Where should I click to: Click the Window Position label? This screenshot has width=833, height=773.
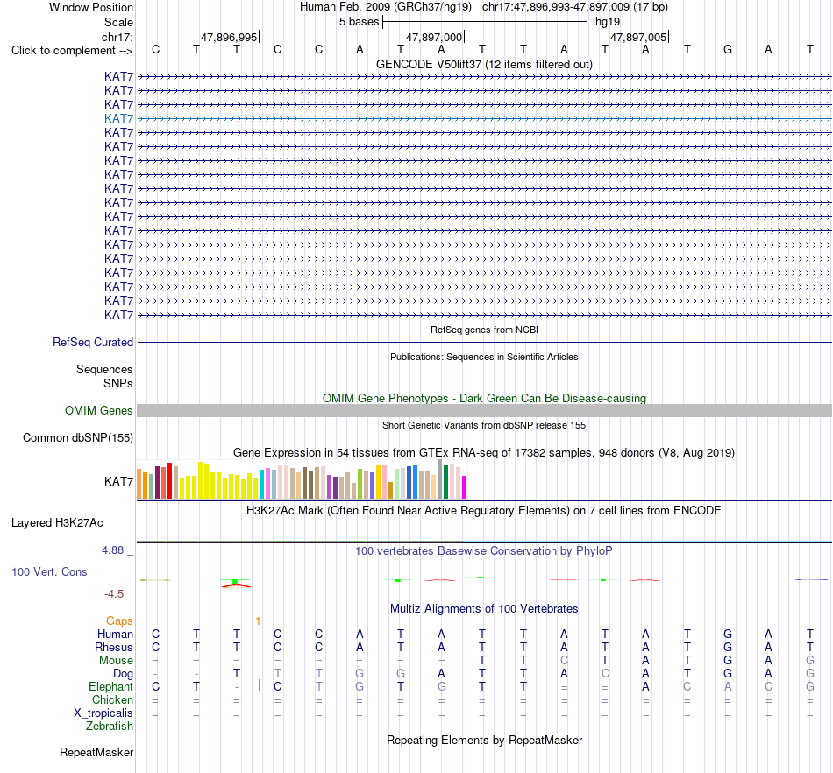tap(91, 7)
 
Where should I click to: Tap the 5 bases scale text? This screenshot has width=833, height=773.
tap(360, 22)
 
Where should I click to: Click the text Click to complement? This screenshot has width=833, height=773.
tap(63, 51)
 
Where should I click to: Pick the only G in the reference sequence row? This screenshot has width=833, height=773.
tap(727, 49)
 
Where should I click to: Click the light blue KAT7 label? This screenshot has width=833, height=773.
tap(118, 118)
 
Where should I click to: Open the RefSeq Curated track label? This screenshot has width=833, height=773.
tap(92, 343)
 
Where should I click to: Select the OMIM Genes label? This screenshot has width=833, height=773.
tap(98, 410)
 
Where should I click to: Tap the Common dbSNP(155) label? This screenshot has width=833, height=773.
tap(77, 438)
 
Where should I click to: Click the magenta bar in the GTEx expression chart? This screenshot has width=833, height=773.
tap(464, 486)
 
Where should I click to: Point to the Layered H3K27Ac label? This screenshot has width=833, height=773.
tap(57, 523)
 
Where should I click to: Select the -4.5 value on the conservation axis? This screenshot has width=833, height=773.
tap(114, 593)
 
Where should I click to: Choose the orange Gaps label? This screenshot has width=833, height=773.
tap(119, 621)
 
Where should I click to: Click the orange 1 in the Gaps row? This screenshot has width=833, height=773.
tap(258, 621)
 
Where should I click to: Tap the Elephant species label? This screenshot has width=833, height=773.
tap(110, 686)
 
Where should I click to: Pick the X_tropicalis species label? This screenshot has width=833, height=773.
tap(103, 713)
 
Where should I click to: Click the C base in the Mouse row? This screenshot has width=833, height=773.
tap(564, 660)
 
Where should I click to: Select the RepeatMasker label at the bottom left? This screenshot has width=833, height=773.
tap(96, 752)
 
